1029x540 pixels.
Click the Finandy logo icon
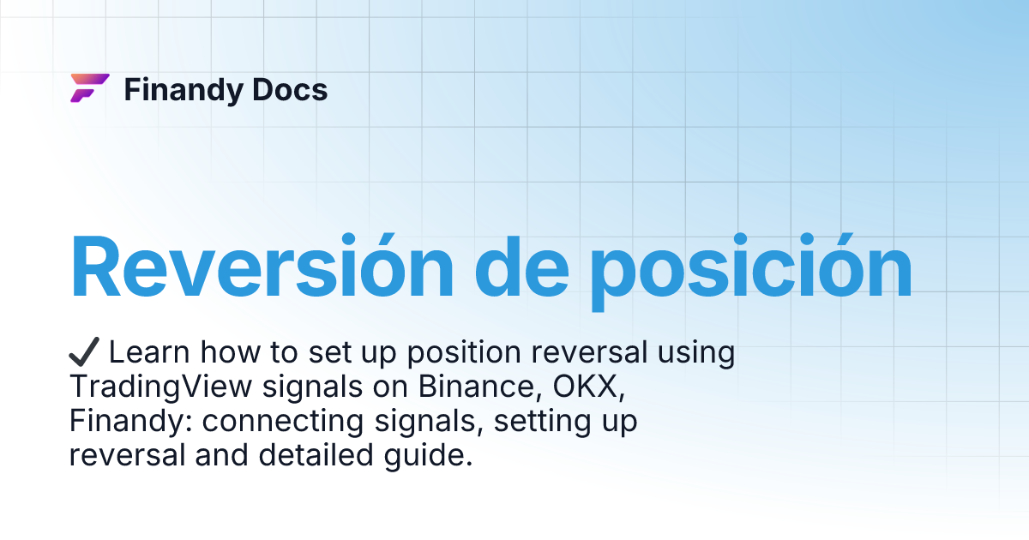point(89,88)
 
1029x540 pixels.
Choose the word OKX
point(592,387)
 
